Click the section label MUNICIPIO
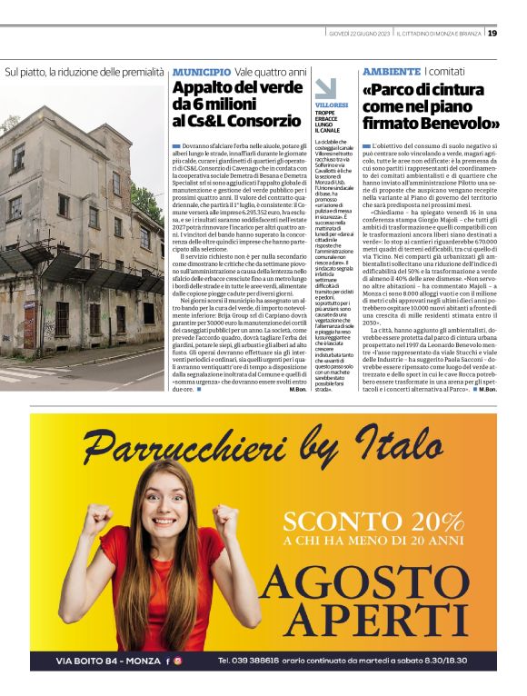pyautogui.click(x=201, y=72)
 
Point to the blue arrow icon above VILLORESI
pyautogui.click(x=325, y=88)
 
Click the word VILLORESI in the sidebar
pyautogui.click(x=332, y=105)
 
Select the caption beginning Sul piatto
pyautogui.click(x=85, y=72)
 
